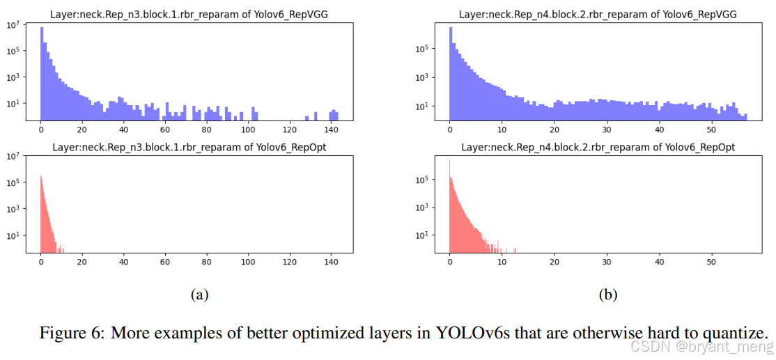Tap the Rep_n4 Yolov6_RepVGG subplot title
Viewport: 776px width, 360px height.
coord(598,15)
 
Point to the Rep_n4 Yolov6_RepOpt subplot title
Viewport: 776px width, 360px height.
coord(598,147)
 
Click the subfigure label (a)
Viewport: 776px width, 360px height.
coord(199,295)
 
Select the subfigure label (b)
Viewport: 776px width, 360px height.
coord(607,295)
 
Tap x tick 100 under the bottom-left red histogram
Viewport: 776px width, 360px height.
coord(247,263)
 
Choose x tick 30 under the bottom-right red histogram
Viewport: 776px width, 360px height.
coord(607,263)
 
